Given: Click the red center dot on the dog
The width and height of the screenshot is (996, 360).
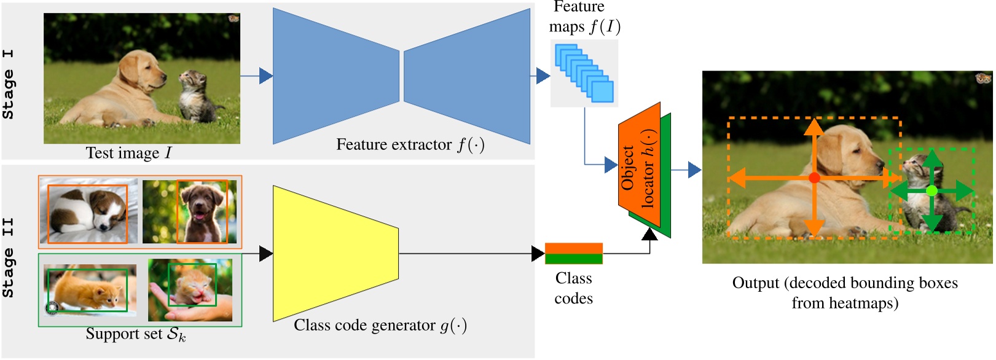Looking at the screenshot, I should (x=814, y=178).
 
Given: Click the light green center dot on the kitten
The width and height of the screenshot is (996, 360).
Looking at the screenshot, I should (x=931, y=191).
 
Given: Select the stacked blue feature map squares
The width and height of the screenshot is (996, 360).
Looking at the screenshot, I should (x=584, y=72).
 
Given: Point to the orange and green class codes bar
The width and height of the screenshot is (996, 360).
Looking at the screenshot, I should (x=573, y=253).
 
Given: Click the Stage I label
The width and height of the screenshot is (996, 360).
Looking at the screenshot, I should (x=9, y=84).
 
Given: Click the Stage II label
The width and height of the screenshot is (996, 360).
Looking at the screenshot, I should (x=9, y=258).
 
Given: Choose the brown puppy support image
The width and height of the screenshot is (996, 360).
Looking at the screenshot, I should (x=189, y=211).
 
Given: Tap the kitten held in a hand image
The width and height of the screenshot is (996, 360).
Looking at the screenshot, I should (x=190, y=289).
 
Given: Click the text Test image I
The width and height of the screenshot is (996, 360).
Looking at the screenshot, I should (x=128, y=152).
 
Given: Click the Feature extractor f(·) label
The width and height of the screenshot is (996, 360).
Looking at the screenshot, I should (x=410, y=145).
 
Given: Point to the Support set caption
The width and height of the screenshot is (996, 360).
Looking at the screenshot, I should (x=135, y=334).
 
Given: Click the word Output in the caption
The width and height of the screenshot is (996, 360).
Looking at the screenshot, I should (x=756, y=283).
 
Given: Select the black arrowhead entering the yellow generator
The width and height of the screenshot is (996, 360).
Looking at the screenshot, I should (x=266, y=253).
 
